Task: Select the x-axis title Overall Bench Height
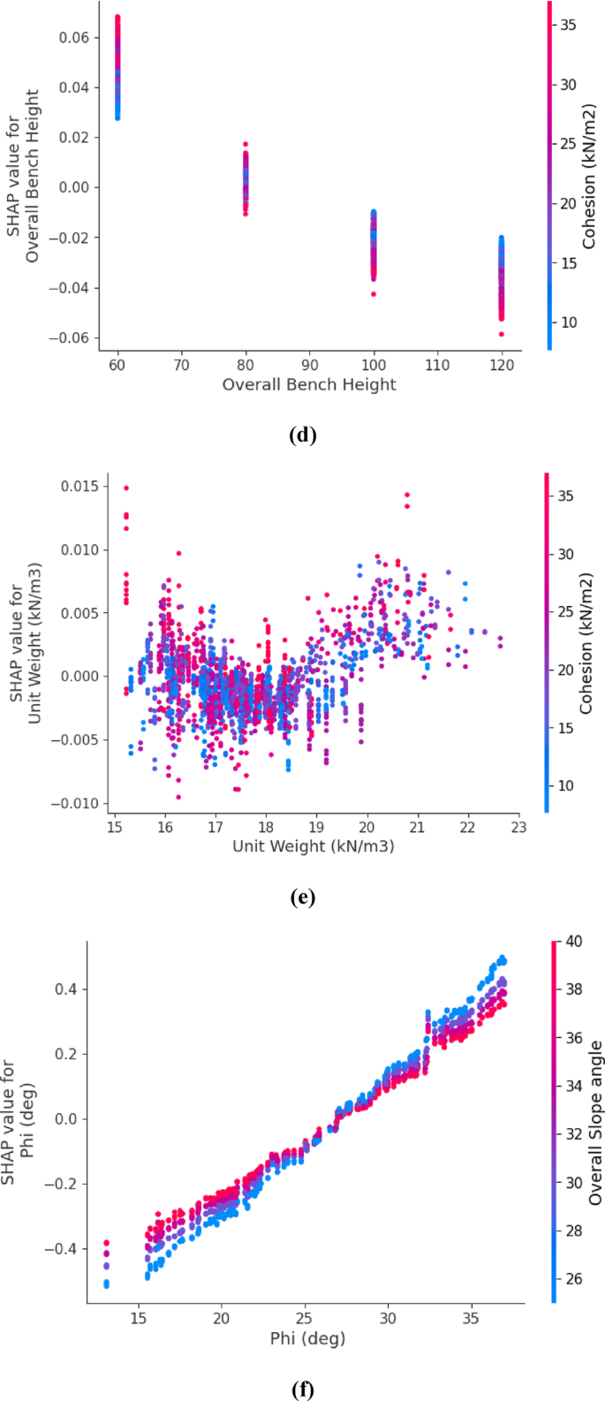pyautogui.click(x=309, y=384)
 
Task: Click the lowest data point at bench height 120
pyautogui.click(x=502, y=334)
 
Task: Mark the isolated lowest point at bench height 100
pyautogui.click(x=374, y=293)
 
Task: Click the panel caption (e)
pyautogui.click(x=302, y=898)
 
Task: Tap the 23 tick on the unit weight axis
pyautogui.click(x=519, y=827)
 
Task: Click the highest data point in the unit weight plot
pyautogui.click(x=126, y=488)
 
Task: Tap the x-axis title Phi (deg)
pyautogui.click(x=307, y=1338)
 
